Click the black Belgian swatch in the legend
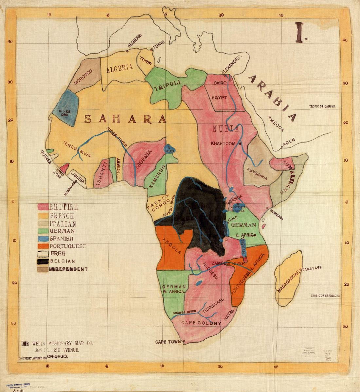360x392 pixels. coord(43,262)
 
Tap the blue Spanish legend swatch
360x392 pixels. coord(43,239)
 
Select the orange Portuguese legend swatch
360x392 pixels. coord(43,246)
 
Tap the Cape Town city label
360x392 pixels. coord(168,342)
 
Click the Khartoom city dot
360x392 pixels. coord(240,144)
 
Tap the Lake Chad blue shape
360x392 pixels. coord(170,149)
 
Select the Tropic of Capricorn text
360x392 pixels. coord(325,296)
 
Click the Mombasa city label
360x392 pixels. coord(276,216)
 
